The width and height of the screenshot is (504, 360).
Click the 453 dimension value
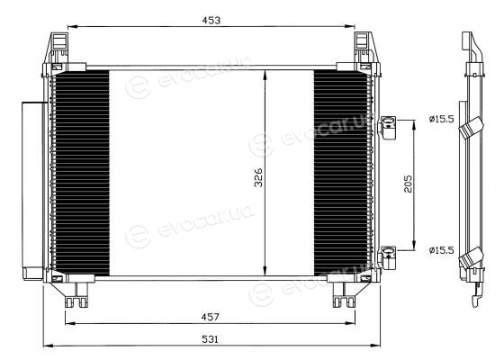pyautogui.click(x=211, y=20)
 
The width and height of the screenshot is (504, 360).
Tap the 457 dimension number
pyautogui.click(x=211, y=317)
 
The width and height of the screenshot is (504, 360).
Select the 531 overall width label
pyautogui.click(x=210, y=339)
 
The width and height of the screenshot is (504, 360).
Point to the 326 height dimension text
pyautogui.click(x=258, y=177)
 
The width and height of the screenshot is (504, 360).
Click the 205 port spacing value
pyautogui.click(x=408, y=184)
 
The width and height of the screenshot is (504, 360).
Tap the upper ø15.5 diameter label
pyautogui.click(x=441, y=119)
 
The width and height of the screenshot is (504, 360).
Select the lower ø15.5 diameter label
pyautogui.click(x=441, y=250)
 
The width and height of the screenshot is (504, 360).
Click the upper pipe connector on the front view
pyautogui.click(x=387, y=127)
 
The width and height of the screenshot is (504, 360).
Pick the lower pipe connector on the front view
pyautogui.click(x=387, y=257)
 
